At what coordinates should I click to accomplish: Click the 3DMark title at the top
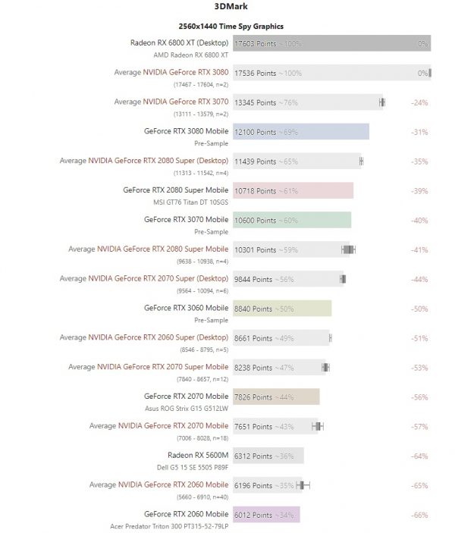pyautogui.click(x=227, y=8)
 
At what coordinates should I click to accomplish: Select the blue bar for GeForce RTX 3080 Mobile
pyautogui.click(x=301, y=132)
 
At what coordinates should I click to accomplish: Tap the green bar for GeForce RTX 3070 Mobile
pyautogui.click(x=292, y=220)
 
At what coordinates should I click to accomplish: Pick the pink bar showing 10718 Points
pyautogui.click(x=293, y=191)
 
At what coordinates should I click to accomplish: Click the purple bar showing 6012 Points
pyautogui.click(x=266, y=514)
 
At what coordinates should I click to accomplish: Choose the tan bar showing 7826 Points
pyautogui.click(x=276, y=397)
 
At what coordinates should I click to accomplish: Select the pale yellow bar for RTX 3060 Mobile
pyautogui.click(x=282, y=309)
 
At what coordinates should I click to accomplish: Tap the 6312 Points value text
pyautogui.click(x=255, y=456)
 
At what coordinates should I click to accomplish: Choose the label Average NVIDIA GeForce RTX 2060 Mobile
pyautogui.click(x=158, y=484)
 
